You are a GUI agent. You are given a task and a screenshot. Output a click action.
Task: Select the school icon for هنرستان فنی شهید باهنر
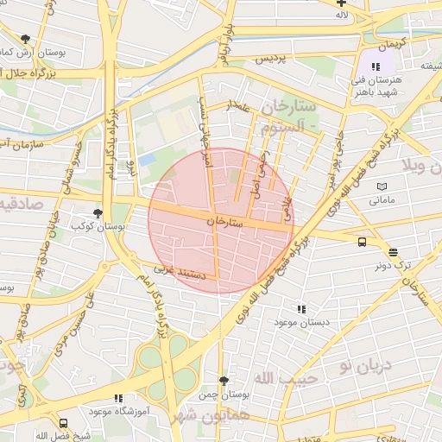(376, 66)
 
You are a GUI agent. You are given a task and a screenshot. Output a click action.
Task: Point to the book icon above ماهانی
(382, 186)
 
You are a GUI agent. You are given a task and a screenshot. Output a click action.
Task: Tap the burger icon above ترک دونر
(394, 253)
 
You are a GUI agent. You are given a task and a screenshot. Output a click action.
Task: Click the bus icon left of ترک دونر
(362, 243)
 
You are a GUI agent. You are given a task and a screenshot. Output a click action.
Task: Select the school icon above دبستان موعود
(301, 308)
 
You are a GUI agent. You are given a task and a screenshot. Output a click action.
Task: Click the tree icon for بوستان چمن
(224, 381)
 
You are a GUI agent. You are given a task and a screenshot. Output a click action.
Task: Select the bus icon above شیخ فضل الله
(63, 423)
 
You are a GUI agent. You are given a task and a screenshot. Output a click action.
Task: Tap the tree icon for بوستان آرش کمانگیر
(25, 39)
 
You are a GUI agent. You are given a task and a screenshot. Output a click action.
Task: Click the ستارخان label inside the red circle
(223, 222)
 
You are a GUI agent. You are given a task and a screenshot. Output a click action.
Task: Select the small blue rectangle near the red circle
(148, 160)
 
